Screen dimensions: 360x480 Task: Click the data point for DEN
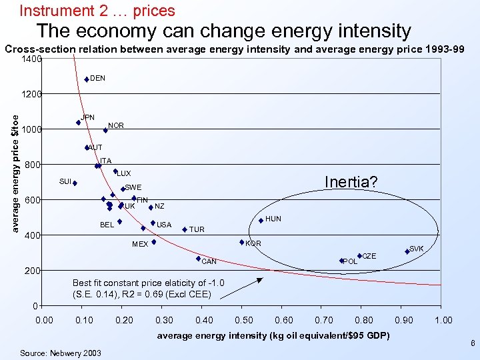coord(87,79)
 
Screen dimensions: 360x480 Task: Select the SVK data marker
coord(407,251)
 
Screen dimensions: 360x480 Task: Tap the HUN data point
coord(261,221)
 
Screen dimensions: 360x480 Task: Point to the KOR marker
coord(241,243)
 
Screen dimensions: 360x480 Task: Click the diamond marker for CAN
coord(198,259)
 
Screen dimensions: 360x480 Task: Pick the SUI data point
coord(75,183)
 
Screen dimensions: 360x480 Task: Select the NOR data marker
coord(105,131)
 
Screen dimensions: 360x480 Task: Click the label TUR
coord(197,230)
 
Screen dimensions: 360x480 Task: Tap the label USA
coord(164,225)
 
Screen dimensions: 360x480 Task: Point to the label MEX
coord(140,245)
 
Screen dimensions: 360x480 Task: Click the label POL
coord(350,261)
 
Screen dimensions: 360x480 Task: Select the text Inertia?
coord(351,182)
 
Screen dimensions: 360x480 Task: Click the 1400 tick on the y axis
coord(31,59)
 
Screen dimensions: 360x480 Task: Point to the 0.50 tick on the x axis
coord(244,321)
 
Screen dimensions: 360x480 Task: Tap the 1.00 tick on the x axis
coord(443,321)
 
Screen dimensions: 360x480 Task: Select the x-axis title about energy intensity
coord(273,335)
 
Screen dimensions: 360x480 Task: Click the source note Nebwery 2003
coord(61,353)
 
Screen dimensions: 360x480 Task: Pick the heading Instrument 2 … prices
coord(97,11)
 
